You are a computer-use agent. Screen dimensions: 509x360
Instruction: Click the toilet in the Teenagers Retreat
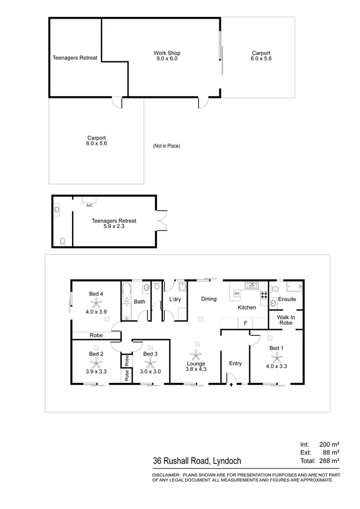62,242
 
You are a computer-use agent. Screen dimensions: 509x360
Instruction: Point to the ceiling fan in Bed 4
96,302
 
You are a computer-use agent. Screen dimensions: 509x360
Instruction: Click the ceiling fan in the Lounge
195,355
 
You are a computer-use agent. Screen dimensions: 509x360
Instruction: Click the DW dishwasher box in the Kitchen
237,293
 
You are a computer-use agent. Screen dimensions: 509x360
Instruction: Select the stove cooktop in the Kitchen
264,295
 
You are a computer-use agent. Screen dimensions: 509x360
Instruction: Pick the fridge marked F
245,323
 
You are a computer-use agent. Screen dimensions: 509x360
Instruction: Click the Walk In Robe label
286,320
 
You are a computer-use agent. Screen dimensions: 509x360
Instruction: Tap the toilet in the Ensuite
274,289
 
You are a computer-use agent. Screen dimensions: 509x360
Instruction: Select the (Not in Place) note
167,146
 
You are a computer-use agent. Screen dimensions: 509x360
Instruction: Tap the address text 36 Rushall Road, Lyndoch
197,462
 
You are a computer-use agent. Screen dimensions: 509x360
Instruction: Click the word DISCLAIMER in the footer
166,475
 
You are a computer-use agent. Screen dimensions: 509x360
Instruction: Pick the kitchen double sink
252,286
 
